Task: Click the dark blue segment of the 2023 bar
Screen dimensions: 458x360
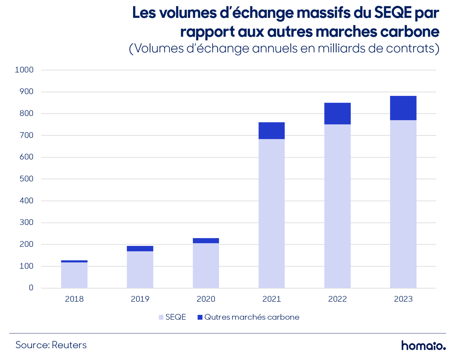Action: tap(403, 108)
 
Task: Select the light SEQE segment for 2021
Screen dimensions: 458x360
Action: tap(272, 213)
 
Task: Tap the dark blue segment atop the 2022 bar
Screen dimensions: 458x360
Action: tap(337, 114)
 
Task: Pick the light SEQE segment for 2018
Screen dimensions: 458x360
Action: tap(74, 275)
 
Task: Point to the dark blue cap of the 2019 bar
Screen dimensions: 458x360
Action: tap(140, 249)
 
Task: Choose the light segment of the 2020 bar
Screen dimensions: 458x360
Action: tap(206, 266)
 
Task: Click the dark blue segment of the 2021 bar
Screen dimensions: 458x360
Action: tap(272, 131)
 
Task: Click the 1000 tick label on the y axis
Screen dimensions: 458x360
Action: tap(24, 70)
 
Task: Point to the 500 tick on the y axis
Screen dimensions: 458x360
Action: tap(26, 179)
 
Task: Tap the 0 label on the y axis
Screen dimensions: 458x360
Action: tap(31, 288)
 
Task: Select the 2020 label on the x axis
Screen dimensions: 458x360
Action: tap(206, 299)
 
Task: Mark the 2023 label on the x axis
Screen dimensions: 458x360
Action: tap(403, 299)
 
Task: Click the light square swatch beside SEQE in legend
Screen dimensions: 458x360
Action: tap(161, 317)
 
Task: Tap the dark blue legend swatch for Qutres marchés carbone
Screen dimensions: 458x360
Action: tap(200, 317)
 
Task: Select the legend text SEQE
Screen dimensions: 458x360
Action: tap(175, 317)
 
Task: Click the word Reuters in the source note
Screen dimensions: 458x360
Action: tap(69, 345)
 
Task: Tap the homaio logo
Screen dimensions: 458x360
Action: tap(424, 345)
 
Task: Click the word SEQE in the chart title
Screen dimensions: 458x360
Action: tap(393, 13)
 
